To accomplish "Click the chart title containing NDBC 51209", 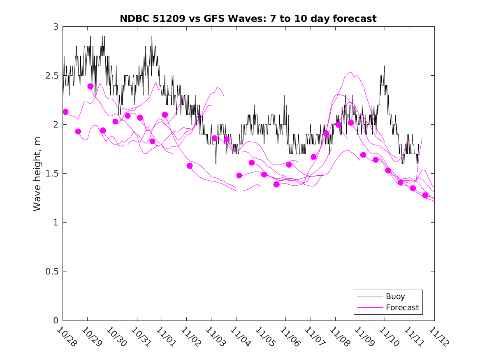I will (248, 19).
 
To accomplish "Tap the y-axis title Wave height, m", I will (37, 174).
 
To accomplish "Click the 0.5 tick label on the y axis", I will (53, 272).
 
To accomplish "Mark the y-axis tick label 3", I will (56, 26).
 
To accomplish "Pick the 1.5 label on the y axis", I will (53, 173).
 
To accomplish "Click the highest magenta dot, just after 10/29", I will (90, 86).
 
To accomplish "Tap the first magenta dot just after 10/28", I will (65, 112).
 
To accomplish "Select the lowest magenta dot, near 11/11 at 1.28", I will (425, 195).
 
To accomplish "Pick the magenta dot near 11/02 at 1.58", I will (190, 166).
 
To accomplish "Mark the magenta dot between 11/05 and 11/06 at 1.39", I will (276, 184).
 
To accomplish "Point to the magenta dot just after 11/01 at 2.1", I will (165, 115).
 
